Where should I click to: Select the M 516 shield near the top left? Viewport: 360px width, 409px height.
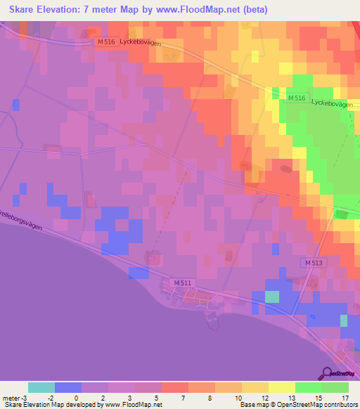pyautogui.click(x=105, y=42)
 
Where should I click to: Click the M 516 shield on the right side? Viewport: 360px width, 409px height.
pyautogui.click(x=296, y=98)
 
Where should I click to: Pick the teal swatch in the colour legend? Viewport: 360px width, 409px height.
pyautogui.click(x=41, y=387)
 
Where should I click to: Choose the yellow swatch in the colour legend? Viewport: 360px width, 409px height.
pyautogui.click(x=281, y=387)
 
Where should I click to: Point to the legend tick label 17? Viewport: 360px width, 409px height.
pyautogui.click(x=344, y=398)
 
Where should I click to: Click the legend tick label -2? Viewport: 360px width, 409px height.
pyautogui.click(x=41, y=398)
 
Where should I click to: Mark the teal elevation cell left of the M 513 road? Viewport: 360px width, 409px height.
pyautogui.click(x=271, y=297)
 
